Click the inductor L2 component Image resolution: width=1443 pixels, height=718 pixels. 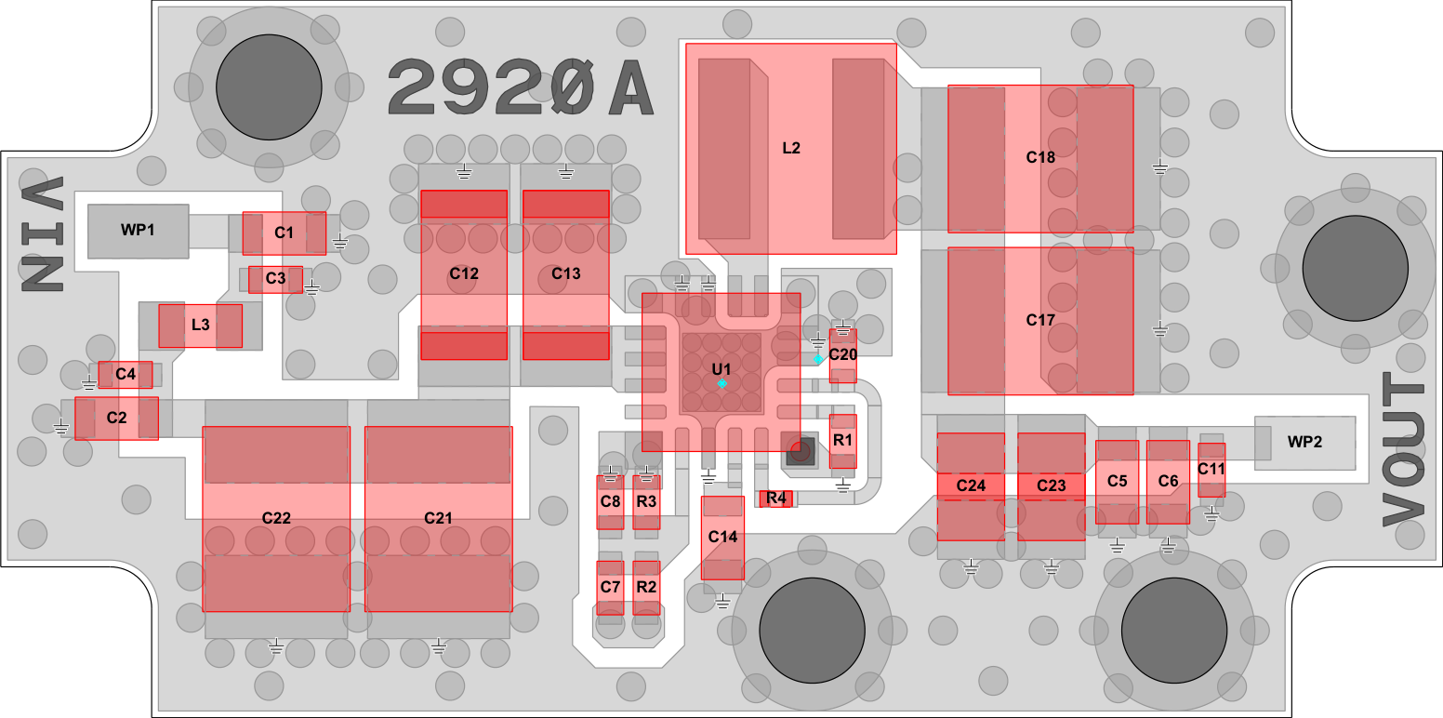pyautogui.click(x=791, y=149)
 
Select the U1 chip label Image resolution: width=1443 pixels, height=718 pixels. pyautogui.click(x=721, y=369)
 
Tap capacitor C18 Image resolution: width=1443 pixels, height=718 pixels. pyautogui.click(x=1040, y=158)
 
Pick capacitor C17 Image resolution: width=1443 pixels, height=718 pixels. pyautogui.click(x=1040, y=321)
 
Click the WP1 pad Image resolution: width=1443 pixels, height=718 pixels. pyautogui.click(x=138, y=231)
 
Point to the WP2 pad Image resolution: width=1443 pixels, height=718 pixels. pyautogui.click(x=1304, y=443)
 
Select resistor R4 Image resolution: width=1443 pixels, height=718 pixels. pyautogui.click(x=775, y=499)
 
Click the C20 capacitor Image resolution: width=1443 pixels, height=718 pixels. pyautogui.click(x=842, y=356)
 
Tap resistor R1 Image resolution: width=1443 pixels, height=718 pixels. pyautogui.click(x=842, y=441)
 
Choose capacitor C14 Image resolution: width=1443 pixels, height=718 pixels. pyautogui.click(x=722, y=538)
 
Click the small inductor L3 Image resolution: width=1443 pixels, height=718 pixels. pyautogui.click(x=200, y=326)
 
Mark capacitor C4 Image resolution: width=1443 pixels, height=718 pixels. pyautogui.click(x=125, y=375)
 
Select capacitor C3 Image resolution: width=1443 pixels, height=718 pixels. pyautogui.click(x=275, y=279)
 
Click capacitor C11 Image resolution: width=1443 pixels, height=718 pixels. pyautogui.click(x=1211, y=470)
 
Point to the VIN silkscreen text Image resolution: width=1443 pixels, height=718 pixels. pyautogui.click(x=43, y=234)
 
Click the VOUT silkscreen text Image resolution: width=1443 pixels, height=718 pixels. pyautogui.click(x=1402, y=450)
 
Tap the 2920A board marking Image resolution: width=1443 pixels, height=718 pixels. pyautogui.click(x=521, y=87)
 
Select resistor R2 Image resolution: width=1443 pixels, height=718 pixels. pyautogui.click(x=646, y=588)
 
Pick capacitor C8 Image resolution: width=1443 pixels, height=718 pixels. pyautogui.click(x=610, y=502)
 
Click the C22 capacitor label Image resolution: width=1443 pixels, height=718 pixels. pyautogui.click(x=276, y=518)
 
